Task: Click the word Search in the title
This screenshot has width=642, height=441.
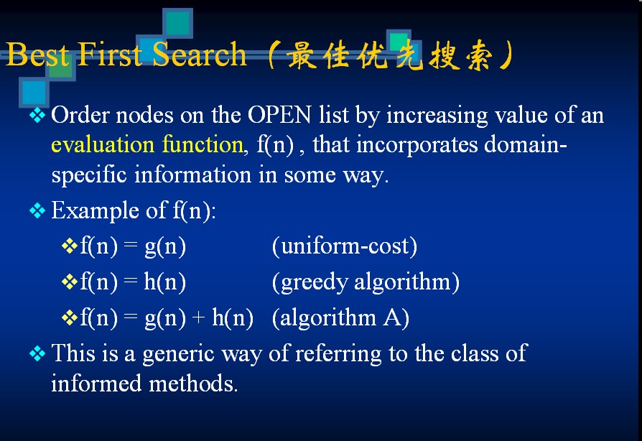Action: tap(199, 54)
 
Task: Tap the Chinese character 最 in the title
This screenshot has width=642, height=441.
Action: tap(302, 55)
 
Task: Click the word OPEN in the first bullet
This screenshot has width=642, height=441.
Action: tap(279, 115)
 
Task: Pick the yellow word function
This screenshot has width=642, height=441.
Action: tap(203, 144)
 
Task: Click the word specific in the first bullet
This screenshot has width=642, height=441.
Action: tap(89, 175)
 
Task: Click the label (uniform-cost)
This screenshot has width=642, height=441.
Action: tap(344, 246)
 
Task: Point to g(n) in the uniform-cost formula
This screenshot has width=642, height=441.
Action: tap(165, 246)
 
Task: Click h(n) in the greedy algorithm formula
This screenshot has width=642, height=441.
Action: tap(164, 282)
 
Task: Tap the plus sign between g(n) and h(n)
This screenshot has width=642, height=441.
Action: tap(198, 317)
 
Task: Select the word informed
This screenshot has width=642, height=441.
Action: tap(96, 384)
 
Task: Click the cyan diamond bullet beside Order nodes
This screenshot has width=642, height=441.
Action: tap(37, 115)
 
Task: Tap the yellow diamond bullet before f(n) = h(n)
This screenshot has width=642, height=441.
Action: tap(69, 282)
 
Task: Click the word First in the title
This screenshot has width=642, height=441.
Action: tap(109, 54)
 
